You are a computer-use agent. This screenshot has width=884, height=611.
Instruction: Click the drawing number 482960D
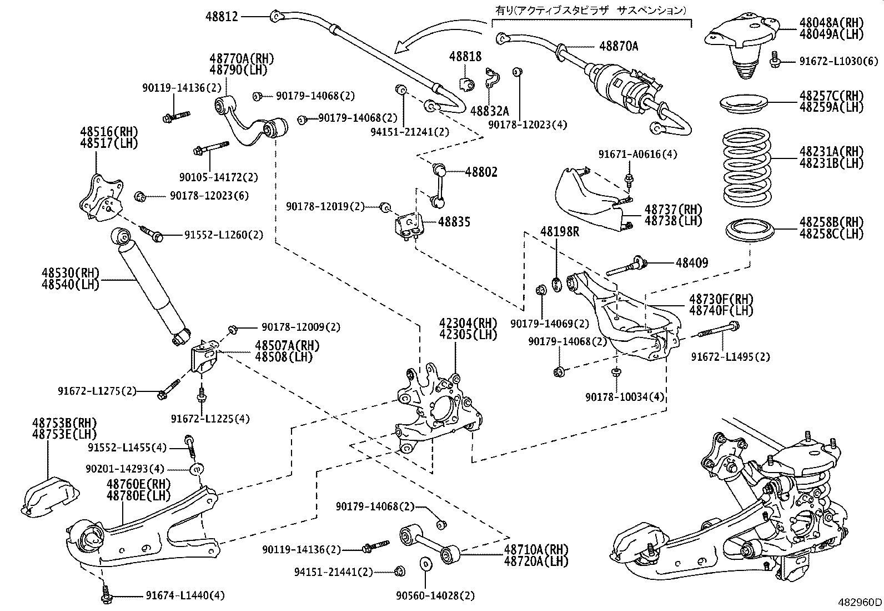pos(860,603)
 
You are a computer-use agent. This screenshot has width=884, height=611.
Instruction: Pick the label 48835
pos(454,222)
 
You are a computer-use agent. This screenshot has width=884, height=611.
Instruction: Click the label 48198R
pos(560,232)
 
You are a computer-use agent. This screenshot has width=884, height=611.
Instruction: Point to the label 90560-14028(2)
pos(435,596)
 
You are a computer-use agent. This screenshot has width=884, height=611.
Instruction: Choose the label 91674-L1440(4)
pos(185,596)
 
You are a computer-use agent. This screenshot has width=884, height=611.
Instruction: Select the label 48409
pos(691,262)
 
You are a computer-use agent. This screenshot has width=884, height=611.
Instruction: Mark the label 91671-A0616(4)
pos(637,155)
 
